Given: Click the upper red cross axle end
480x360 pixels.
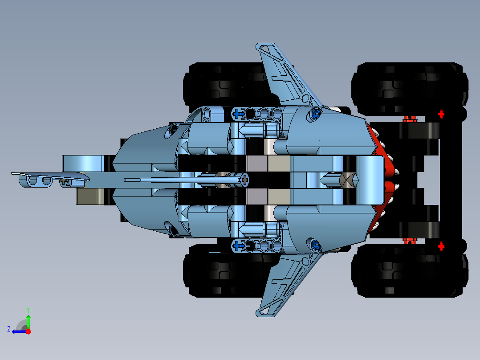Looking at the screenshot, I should click(441, 114).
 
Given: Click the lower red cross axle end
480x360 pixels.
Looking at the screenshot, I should click(441, 246).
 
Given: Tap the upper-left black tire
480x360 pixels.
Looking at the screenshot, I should click(223, 85).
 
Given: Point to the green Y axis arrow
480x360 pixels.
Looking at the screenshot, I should click(28, 320).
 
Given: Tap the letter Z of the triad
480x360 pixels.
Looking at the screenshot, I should click(9, 329).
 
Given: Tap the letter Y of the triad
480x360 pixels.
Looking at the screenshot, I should click(28, 309).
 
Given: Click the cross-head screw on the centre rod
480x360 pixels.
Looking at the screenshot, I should click(244, 180).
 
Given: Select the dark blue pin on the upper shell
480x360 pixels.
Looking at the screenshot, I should click(316, 114).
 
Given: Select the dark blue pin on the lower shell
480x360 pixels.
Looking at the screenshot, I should click(316, 244).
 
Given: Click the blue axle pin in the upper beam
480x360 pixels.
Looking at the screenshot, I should click(238, 114).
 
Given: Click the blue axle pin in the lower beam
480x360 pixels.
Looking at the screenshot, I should click(238, 245).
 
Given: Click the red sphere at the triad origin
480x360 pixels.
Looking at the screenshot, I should click(28, 331).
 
